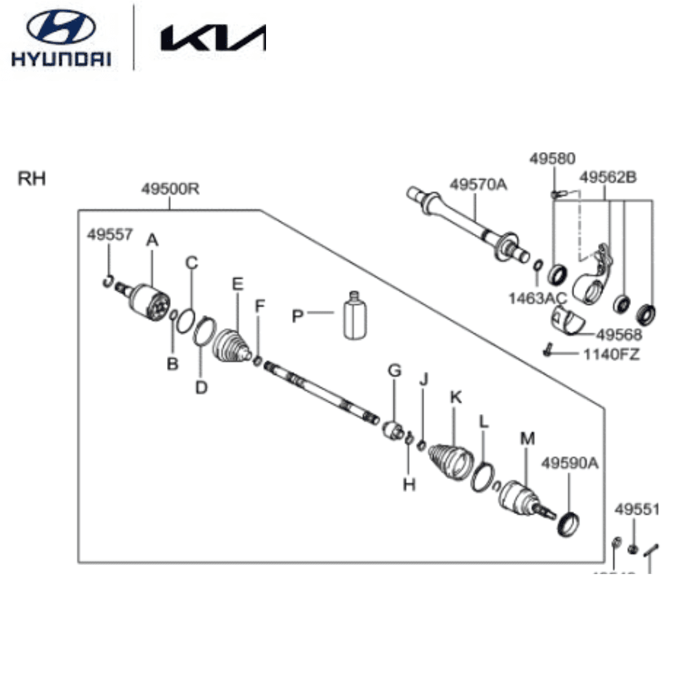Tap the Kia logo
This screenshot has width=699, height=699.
coord(214,38)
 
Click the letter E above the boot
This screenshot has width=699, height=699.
coord(238,283)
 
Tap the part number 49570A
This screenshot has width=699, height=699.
coord(479,184)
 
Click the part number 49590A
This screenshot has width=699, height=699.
coord(570,463)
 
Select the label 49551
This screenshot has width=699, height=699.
coord(637,509)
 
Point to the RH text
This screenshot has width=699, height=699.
coord(32,179)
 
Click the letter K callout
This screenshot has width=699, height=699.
coord(456,397)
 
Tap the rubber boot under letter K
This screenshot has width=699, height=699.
coord(451,460)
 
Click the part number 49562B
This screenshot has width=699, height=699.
coord(608,177)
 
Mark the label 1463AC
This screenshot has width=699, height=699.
coord(537,298)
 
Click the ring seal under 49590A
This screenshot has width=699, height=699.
coord(569,522)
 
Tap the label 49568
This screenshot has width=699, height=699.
coord(619,335)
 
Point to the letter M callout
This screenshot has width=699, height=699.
coord(527,439)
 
